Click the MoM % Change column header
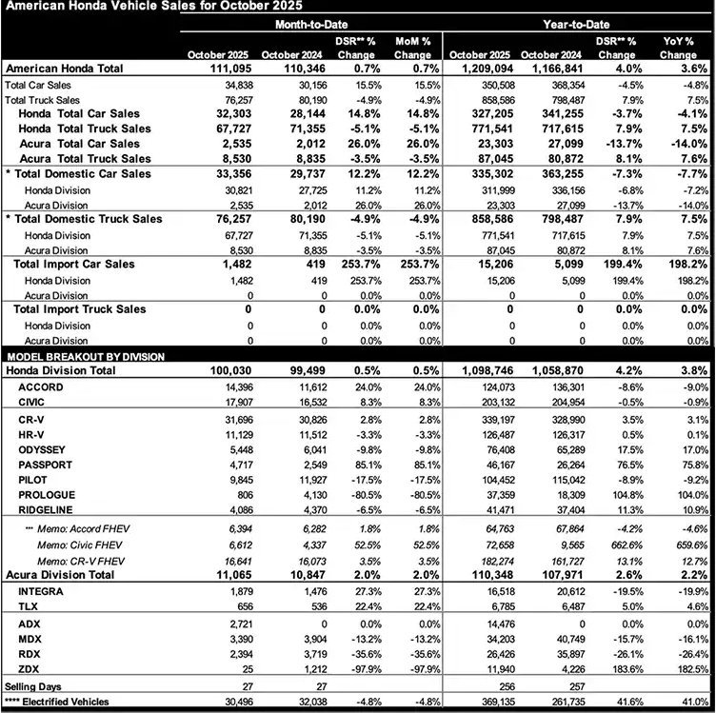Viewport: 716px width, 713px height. point(411,48)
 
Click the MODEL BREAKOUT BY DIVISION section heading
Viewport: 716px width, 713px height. point(85,355)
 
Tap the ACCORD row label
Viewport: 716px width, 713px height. point(40,387)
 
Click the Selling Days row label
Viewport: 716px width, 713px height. point(30,685)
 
